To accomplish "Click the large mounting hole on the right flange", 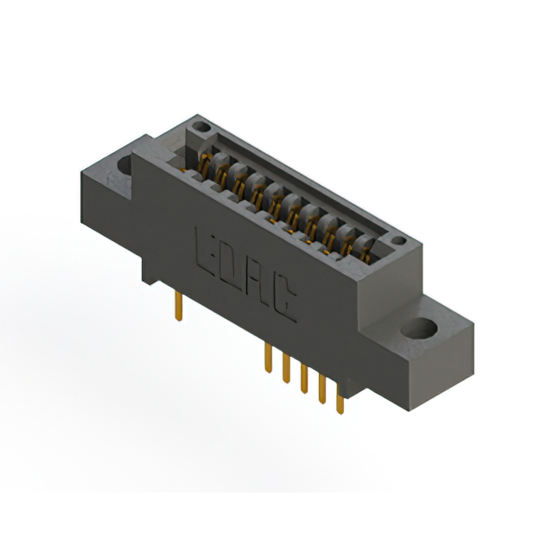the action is tap(419, 328).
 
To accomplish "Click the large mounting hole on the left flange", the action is tap(124, 166).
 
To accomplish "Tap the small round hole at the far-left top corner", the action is tap(201, 126).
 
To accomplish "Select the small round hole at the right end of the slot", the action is tap(399, 240).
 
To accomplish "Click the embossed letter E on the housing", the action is tap(205, 251).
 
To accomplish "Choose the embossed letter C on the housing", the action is tap(284, 302).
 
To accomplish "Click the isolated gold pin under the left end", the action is tap(179, 306).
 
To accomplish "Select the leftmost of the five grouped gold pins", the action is tap(269, 358).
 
